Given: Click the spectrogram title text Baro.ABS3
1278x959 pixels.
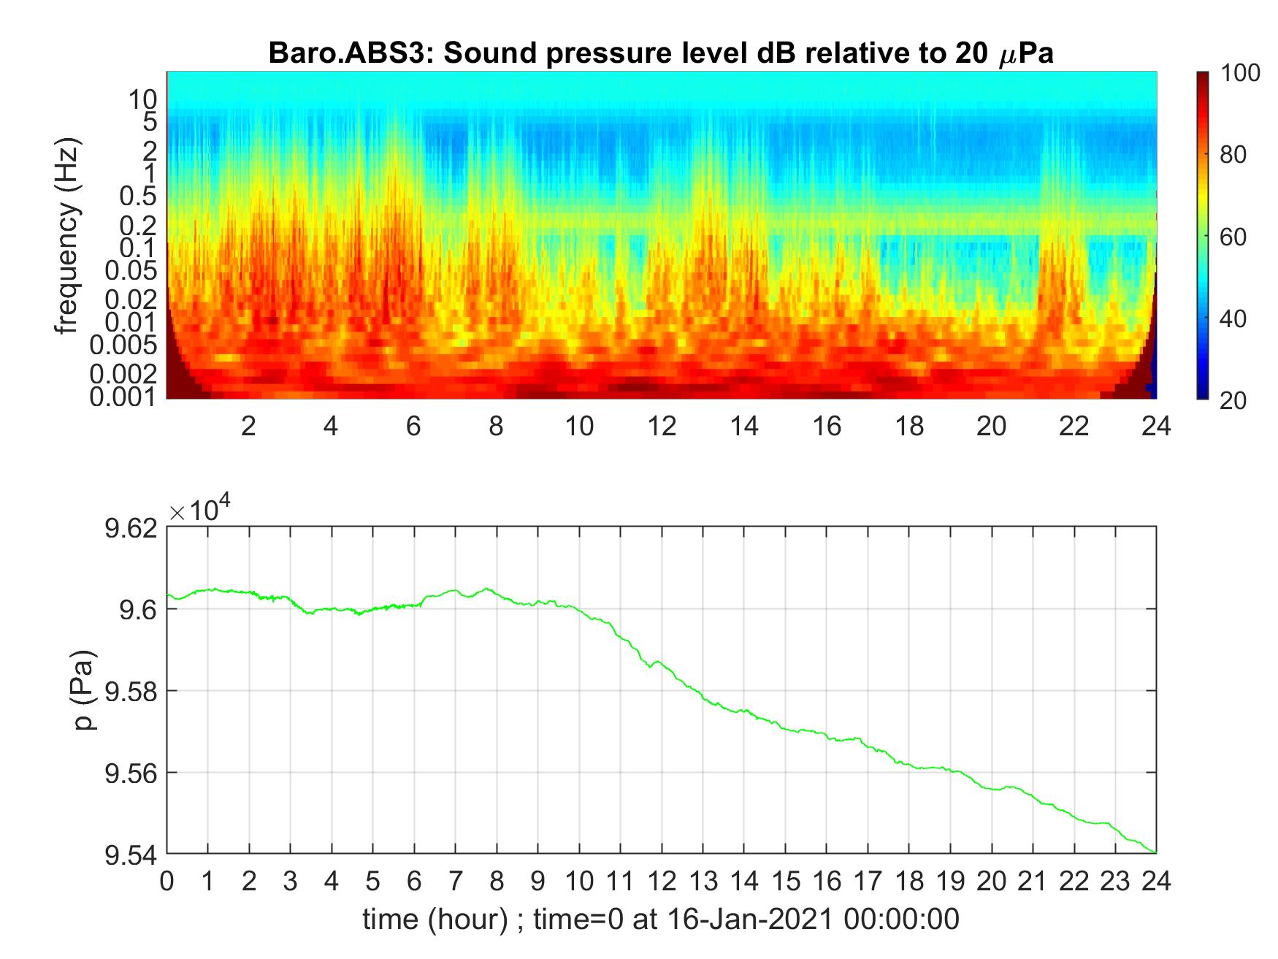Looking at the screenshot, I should pos(347,53).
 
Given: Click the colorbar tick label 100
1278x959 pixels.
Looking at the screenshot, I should pos(1240,73).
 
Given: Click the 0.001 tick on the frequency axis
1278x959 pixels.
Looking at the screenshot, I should pos(123,397).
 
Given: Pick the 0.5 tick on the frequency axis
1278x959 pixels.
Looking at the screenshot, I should pos(139,196).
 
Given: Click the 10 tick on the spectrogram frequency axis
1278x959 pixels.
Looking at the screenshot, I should pos(144,97).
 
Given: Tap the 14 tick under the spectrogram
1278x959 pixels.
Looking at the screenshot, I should pos(744,426).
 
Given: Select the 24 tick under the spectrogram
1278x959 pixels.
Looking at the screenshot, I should pos(1156,426).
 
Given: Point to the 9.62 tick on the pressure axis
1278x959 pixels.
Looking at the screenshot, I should pos(131,527).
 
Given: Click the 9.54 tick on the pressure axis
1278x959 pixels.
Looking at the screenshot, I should pos(131,855).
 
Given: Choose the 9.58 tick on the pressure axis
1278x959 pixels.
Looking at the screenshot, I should pos(131,691).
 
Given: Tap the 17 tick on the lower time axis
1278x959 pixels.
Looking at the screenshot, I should pos(868,882).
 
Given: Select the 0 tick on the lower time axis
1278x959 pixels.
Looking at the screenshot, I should pos(167,882).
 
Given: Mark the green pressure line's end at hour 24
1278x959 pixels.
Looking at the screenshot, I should pos(1155,852).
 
